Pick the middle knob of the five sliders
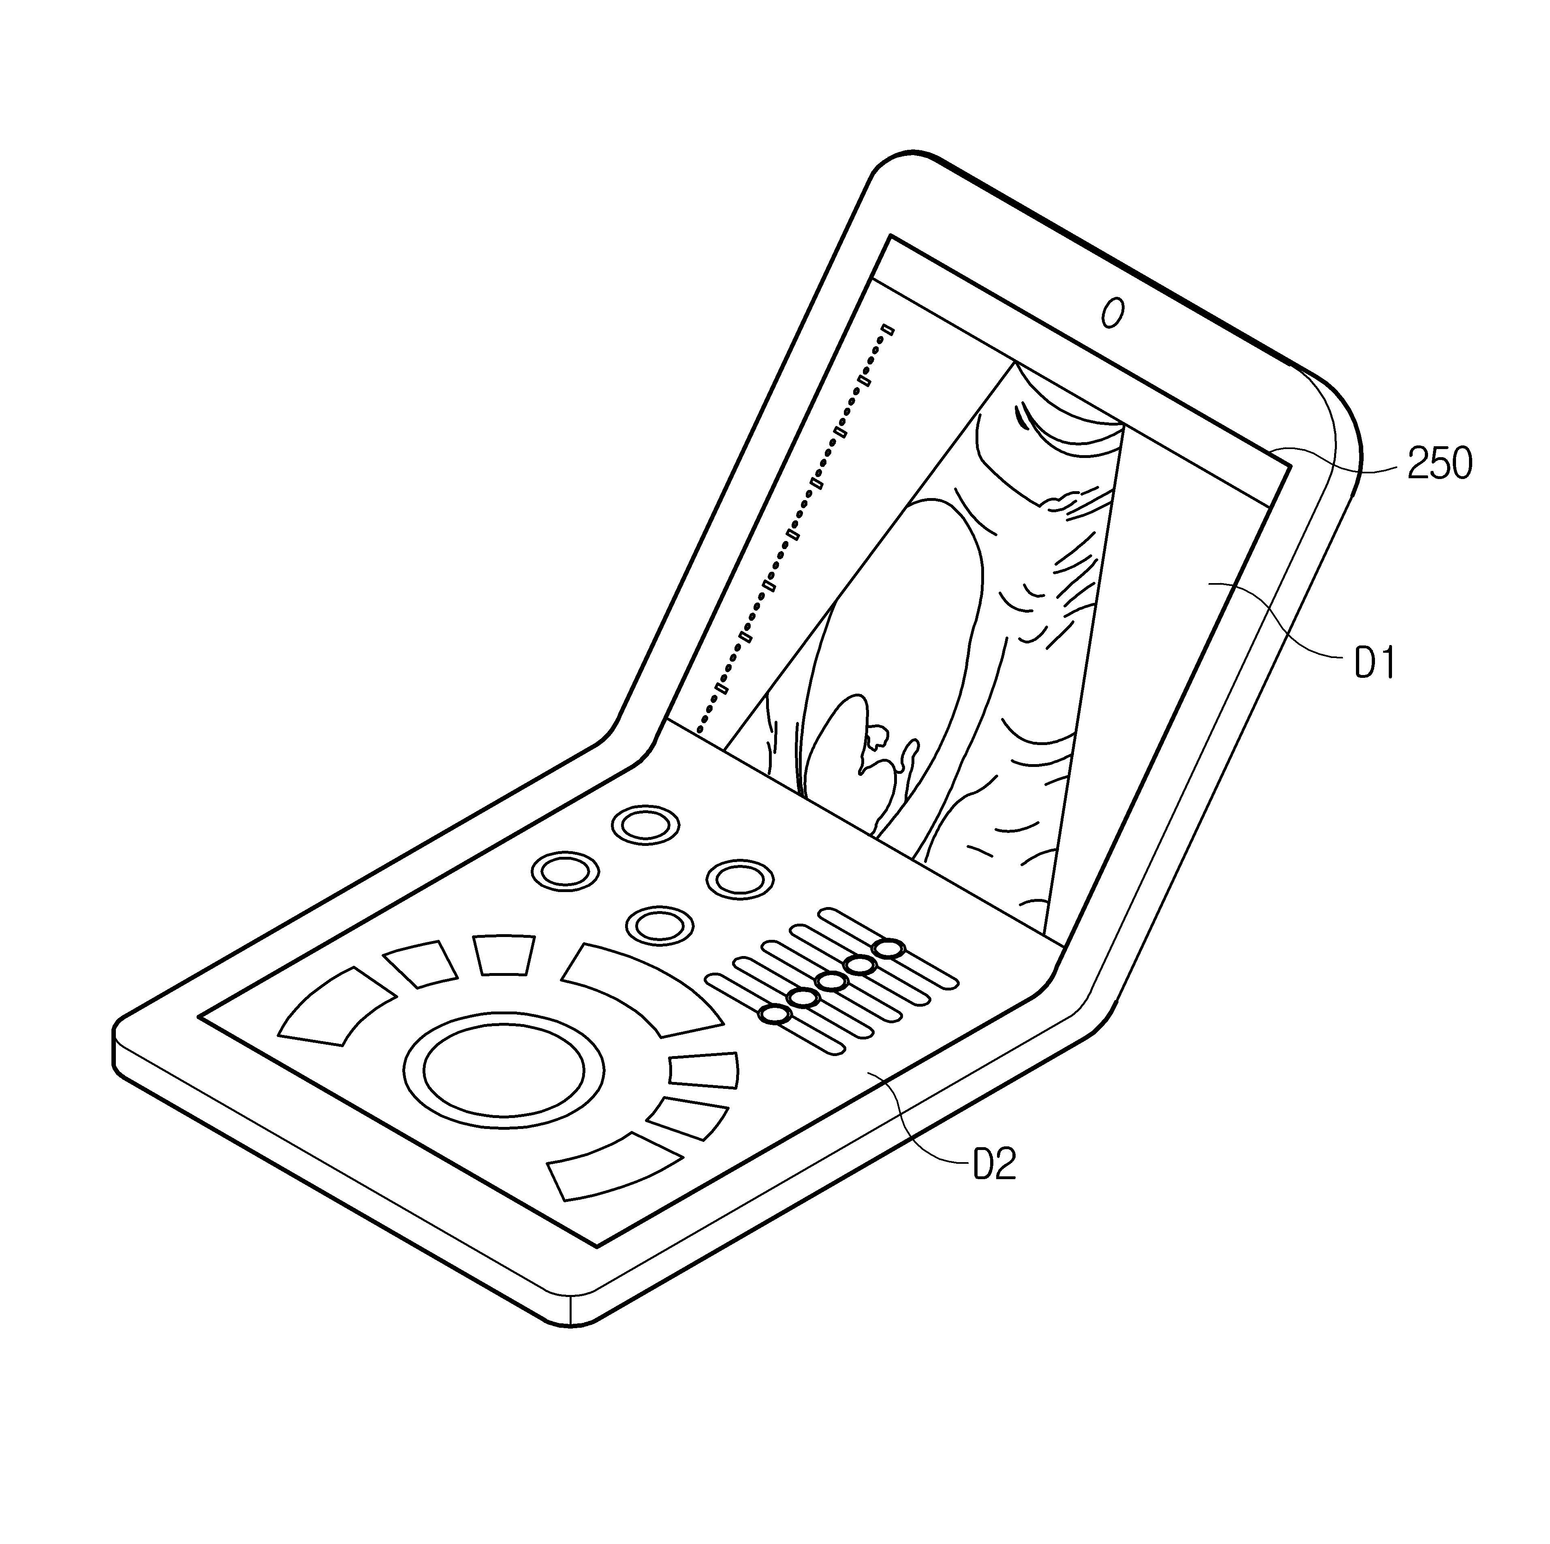(831, 981)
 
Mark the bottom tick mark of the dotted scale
(722, 688)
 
